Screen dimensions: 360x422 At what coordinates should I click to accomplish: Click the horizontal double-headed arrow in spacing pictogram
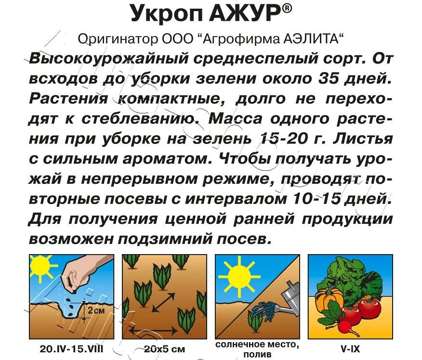pyautogui.click(x=154, y=331)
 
